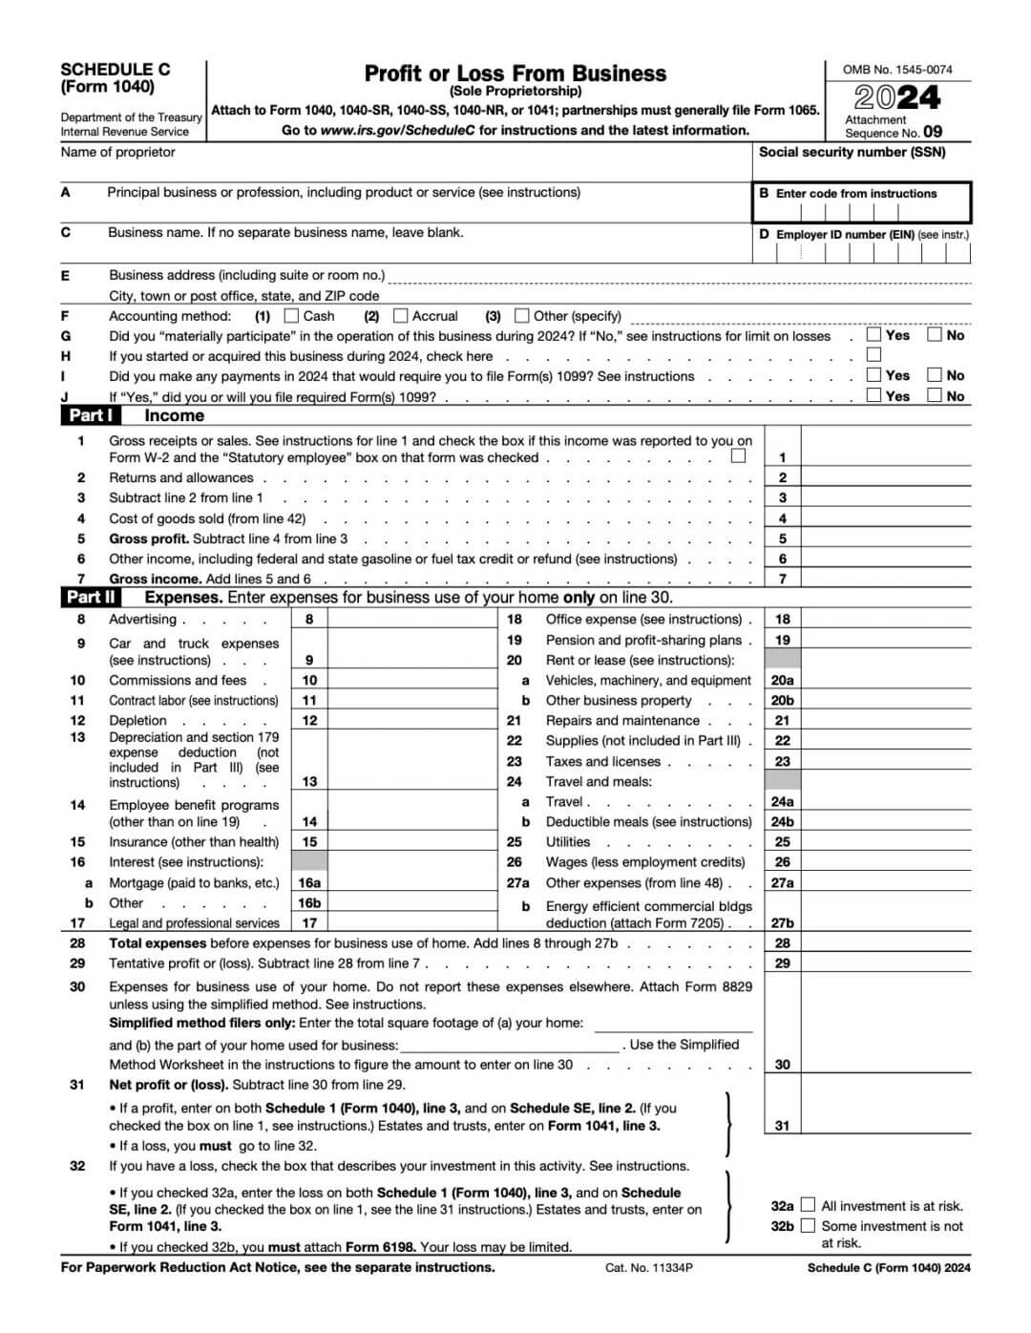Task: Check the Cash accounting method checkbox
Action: tap(292, 315)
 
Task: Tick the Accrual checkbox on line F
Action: tap(401, 315)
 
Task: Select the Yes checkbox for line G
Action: tap(873, 334)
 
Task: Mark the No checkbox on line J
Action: tap(935, 395)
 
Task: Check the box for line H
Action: tap(873, 355)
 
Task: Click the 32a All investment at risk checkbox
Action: tap(809, 1205)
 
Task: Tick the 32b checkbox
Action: tap(809, 1225)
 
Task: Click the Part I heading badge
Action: tap(91, 415)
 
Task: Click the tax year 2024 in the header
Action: tap(896, 97)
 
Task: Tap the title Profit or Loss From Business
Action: tap(515, 74)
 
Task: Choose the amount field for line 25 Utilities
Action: tap(885, 841)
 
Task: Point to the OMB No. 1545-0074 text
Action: tap(897, 69)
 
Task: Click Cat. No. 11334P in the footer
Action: tap(648, 1267)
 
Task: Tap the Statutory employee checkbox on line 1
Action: tap(738, 456)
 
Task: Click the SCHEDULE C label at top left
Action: tap(116, 69)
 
